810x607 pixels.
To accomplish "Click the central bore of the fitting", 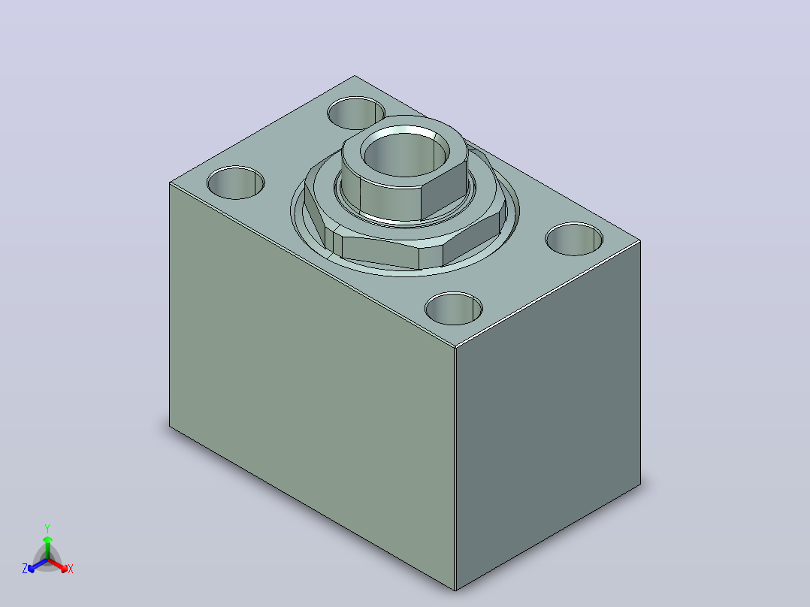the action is click(x=404, y=155).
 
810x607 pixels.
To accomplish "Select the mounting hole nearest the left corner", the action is click(x=236, y=183).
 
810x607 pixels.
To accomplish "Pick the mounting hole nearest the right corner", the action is click(x=574, y=239).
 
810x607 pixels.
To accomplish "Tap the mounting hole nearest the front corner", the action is click(x=454, y=309).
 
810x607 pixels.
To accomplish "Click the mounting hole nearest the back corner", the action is click(x=356, y=113).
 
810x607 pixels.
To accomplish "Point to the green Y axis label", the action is click(x=47, y=528).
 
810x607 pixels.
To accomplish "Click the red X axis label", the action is click(x=71, y=569).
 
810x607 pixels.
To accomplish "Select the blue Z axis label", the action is click(x=25, y=569).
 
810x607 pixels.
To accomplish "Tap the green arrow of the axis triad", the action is click(x=47, y=548).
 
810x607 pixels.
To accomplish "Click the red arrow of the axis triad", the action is click(x=58, y=565).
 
